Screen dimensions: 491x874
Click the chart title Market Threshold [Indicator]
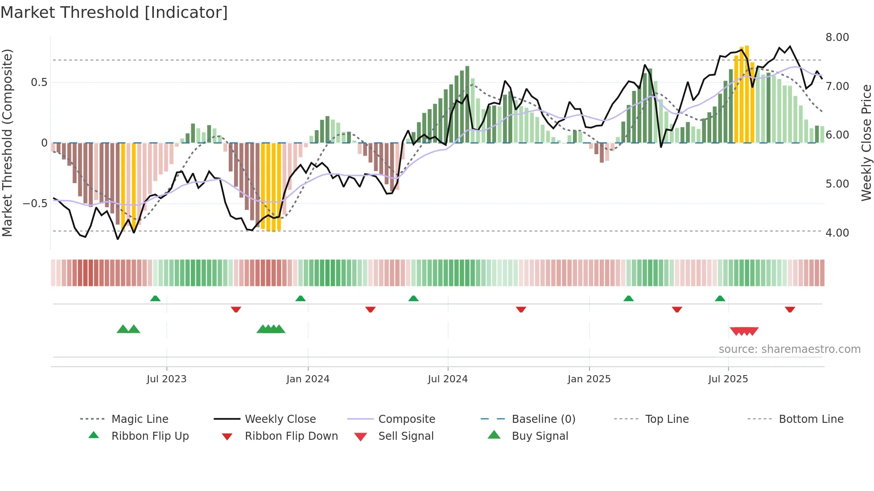tap(114, 12)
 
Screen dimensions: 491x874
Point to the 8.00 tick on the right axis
tap(837, 37)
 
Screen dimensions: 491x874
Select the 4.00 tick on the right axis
tap(837, 233)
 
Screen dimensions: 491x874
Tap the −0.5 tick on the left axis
tap(35, 204)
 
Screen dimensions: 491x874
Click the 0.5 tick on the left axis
tap(39, 82)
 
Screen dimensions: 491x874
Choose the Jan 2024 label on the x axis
tap(308, 379)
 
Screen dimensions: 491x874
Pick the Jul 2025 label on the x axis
tap(728, 379)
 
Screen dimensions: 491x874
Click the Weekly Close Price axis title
tap(866, 143)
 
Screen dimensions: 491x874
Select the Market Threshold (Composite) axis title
tap(7, 143)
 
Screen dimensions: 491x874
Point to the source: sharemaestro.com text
tap(789, 349)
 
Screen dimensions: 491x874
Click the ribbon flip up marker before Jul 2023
tap(155, 299)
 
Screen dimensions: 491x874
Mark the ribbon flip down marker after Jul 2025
tap(790, 309)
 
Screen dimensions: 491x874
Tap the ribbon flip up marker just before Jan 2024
tap(301, 299)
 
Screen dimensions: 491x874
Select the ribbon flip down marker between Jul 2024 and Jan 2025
tap(521, 309)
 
